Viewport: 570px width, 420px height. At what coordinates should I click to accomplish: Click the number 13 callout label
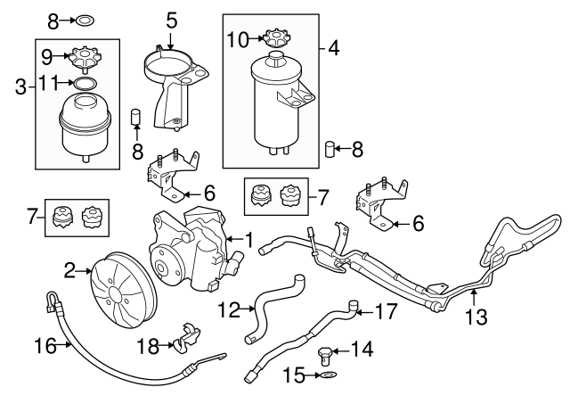pos(476,317)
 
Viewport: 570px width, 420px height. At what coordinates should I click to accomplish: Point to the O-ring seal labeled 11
pos(85,83)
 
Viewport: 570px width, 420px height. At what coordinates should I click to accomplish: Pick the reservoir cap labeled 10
pos(277,37)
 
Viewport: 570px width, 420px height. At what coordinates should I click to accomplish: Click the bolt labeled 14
pos(324,355)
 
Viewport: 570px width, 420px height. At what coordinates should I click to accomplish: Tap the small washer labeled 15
pos(330,375)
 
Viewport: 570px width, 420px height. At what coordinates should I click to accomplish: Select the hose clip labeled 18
pos(186,337)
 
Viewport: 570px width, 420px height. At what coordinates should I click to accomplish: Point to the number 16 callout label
pos(45,345)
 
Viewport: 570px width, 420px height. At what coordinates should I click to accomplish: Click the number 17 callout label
pos(386,311)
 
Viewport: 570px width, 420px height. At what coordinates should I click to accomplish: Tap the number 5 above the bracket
pos(171,21)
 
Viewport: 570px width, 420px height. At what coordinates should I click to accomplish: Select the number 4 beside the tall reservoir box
pos(334,48)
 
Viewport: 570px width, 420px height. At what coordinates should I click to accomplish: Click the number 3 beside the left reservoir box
pos(21,87)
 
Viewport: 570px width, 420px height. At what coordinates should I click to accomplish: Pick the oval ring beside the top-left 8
pos(85,21)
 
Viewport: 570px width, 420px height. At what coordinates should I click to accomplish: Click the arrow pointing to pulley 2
pos(84,271)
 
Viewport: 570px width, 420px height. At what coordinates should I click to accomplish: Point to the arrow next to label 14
pos(340,350)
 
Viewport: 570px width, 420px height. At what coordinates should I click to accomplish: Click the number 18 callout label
pos(148,346)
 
